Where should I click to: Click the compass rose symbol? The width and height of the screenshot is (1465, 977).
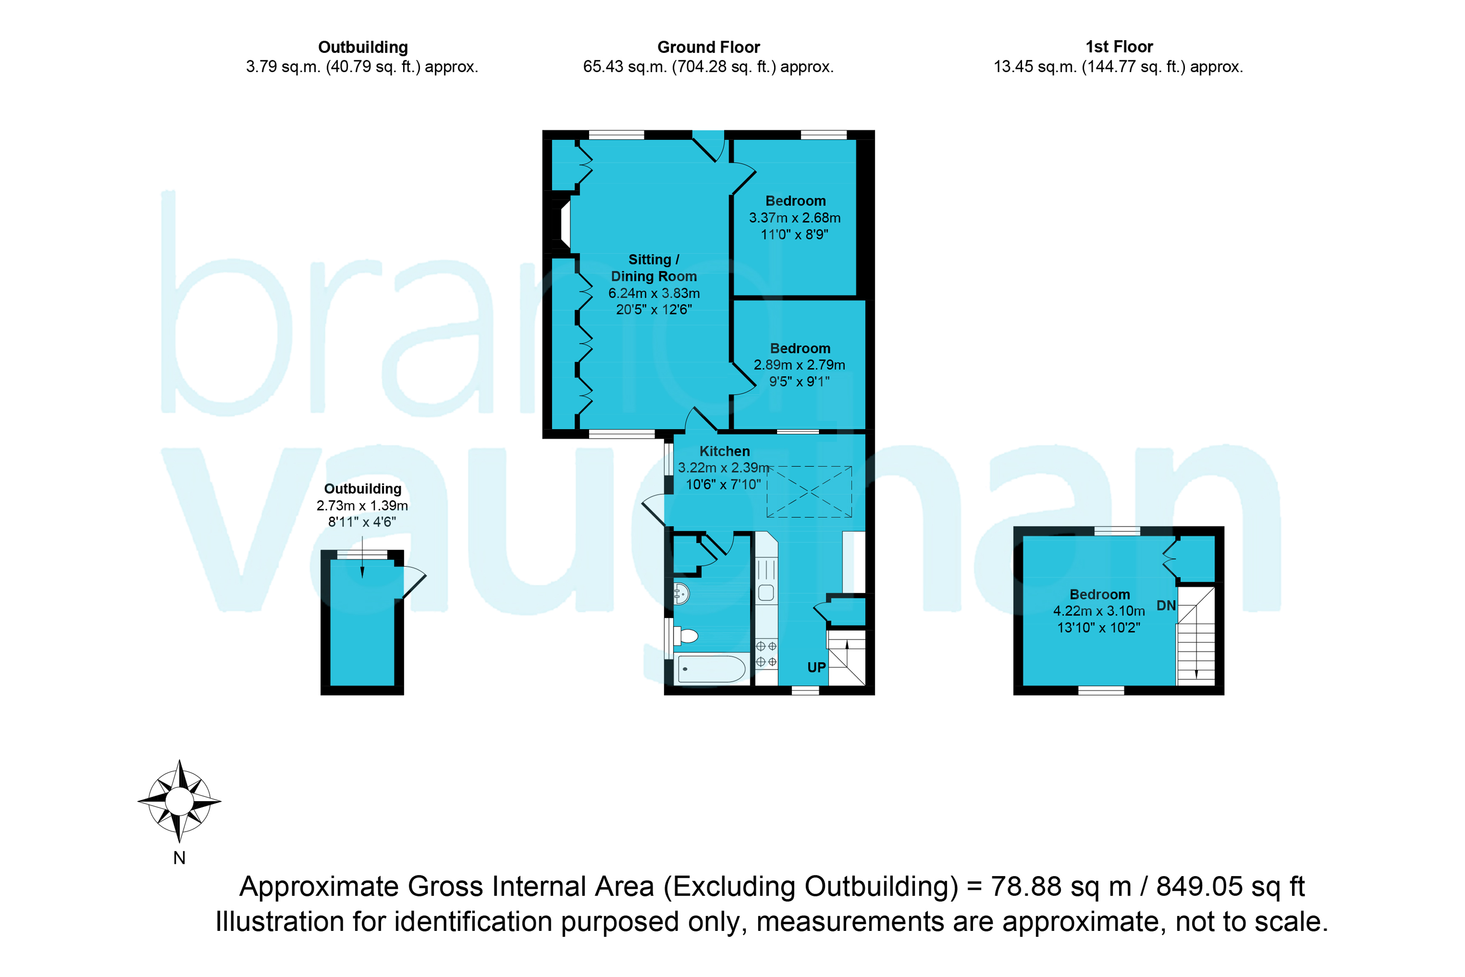click(179, 801)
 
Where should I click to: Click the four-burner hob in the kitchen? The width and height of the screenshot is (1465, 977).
click(766, 654)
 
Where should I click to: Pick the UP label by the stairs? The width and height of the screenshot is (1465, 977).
click(816, 668)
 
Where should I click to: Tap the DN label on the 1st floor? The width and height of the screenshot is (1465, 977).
click(1166, 605)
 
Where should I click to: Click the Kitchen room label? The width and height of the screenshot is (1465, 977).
click(724, 451)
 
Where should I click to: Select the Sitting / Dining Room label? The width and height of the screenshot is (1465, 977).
click(654, 268)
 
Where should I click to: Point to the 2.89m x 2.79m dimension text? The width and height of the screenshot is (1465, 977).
click(800, 365)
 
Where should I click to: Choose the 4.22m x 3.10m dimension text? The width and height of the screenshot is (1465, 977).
click(1099, 611)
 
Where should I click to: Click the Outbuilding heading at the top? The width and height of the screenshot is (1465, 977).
click(363, 47)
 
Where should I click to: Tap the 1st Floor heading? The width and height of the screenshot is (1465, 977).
click(1119, 47)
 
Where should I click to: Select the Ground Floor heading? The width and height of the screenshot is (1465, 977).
click(709, 47)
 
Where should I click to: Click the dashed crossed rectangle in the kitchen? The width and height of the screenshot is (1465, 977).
click(809, 492)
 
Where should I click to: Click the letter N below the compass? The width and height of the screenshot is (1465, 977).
click(179, 858)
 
